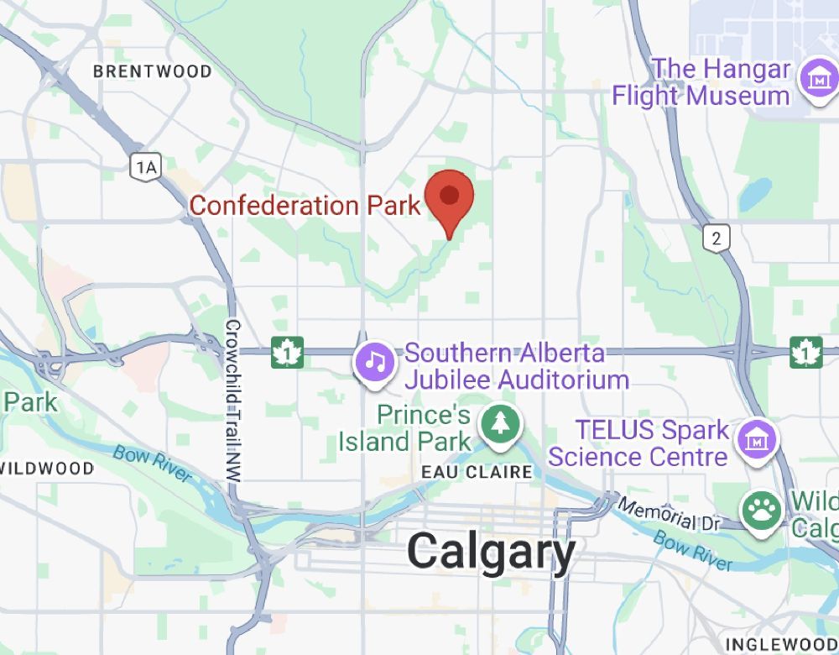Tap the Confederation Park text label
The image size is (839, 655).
[x=305, y=206]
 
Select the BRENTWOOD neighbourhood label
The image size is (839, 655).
[x=153, y=71]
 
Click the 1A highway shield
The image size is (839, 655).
[x=145, y=167]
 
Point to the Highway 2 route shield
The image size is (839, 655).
[x=716, y=238]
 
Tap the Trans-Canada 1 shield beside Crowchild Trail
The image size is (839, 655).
[x=286, y=354]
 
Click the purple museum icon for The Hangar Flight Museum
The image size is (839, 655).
[x=816, y=80]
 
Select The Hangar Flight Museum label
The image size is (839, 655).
[x=701, y=81]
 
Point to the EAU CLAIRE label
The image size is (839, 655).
[x=477, y=473]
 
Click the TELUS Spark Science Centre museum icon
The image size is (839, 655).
[x=757, y=439]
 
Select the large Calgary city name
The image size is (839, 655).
[x=492, y=553]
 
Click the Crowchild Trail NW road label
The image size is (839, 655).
[x=233, y=401]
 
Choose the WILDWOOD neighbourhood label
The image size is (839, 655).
[x=46, y=469]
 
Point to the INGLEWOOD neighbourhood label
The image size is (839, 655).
[x=780, y=645]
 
